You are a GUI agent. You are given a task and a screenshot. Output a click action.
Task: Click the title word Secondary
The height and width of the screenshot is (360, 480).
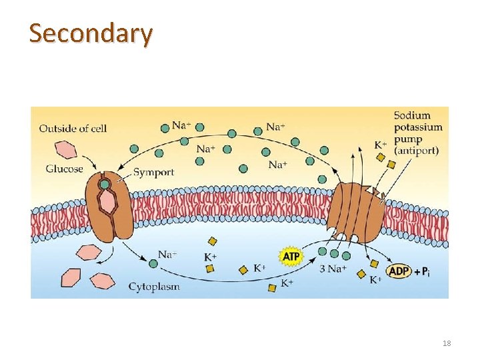[x=91, y=33]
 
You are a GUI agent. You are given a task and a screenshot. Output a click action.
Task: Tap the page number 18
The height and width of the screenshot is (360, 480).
[x=446, y=343]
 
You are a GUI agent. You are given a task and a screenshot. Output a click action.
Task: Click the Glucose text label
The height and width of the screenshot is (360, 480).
[x=64, y=169]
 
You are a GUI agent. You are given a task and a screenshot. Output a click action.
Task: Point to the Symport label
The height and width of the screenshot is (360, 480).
[x=153, y=172]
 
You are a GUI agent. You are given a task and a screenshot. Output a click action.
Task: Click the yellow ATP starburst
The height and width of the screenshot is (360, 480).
[x=291, y=257]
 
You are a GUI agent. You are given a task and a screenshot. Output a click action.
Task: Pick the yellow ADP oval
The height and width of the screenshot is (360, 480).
[x=399, y=271]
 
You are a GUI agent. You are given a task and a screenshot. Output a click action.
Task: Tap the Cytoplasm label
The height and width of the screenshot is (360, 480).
[x=154, y=287]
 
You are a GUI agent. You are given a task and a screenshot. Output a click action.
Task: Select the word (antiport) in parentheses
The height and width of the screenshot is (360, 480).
[x=416, y=151]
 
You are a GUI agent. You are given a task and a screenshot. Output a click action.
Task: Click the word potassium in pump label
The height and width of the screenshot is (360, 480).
[x=418, y=127]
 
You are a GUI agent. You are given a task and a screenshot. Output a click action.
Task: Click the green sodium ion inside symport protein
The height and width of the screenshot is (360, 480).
[x=105, y=184]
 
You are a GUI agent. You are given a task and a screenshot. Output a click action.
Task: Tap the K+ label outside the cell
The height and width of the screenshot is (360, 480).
[x=380, y=145]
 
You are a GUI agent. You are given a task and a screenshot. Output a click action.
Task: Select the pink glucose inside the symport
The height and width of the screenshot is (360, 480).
[x=106, y=203]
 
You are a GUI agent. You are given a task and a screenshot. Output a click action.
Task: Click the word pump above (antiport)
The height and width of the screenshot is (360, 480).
[x=407, y=139]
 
